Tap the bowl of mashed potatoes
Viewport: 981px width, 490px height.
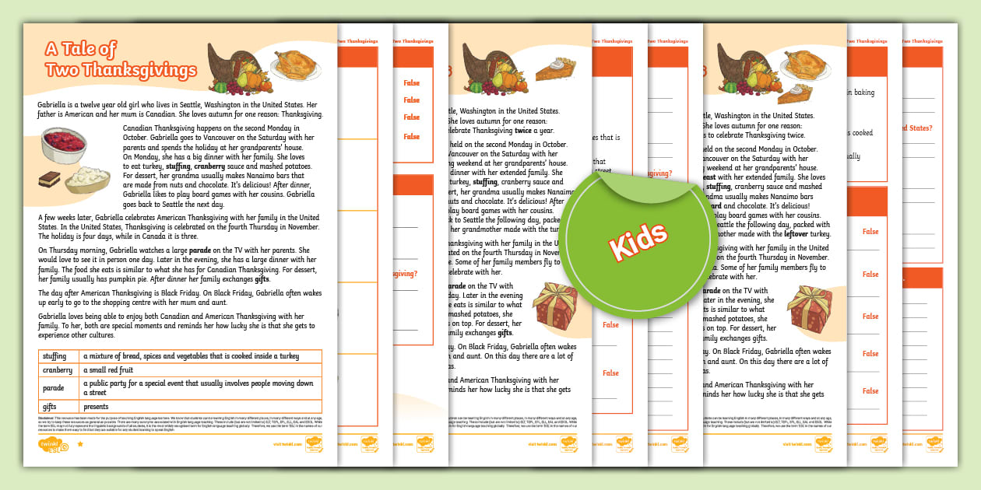pos(87,180)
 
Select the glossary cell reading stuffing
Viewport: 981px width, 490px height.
pos(54,356)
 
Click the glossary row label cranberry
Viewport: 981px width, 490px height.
pos(57,370)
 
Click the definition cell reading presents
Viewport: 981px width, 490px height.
pos(97,406)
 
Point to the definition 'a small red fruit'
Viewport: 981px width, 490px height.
pos(113,370)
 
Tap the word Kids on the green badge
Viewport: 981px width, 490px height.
pos(638,240)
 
